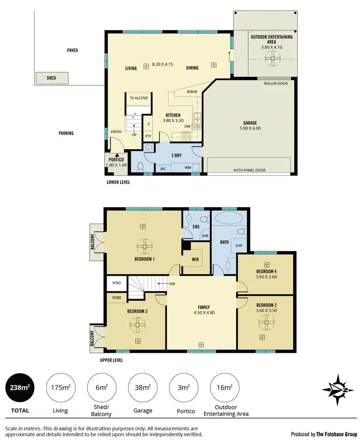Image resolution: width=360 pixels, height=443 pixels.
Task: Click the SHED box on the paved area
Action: point(51,78)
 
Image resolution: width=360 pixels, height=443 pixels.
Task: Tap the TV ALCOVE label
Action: point(139,98)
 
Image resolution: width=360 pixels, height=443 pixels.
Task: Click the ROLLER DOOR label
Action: point(276,83)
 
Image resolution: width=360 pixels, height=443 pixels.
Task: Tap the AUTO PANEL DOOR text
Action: point(249,170)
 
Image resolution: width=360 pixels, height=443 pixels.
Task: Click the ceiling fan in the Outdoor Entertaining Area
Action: point(273,59)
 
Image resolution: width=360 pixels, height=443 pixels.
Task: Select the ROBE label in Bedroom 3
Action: point(117,297)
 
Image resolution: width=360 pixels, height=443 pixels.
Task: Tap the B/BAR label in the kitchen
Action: point(192,92)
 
